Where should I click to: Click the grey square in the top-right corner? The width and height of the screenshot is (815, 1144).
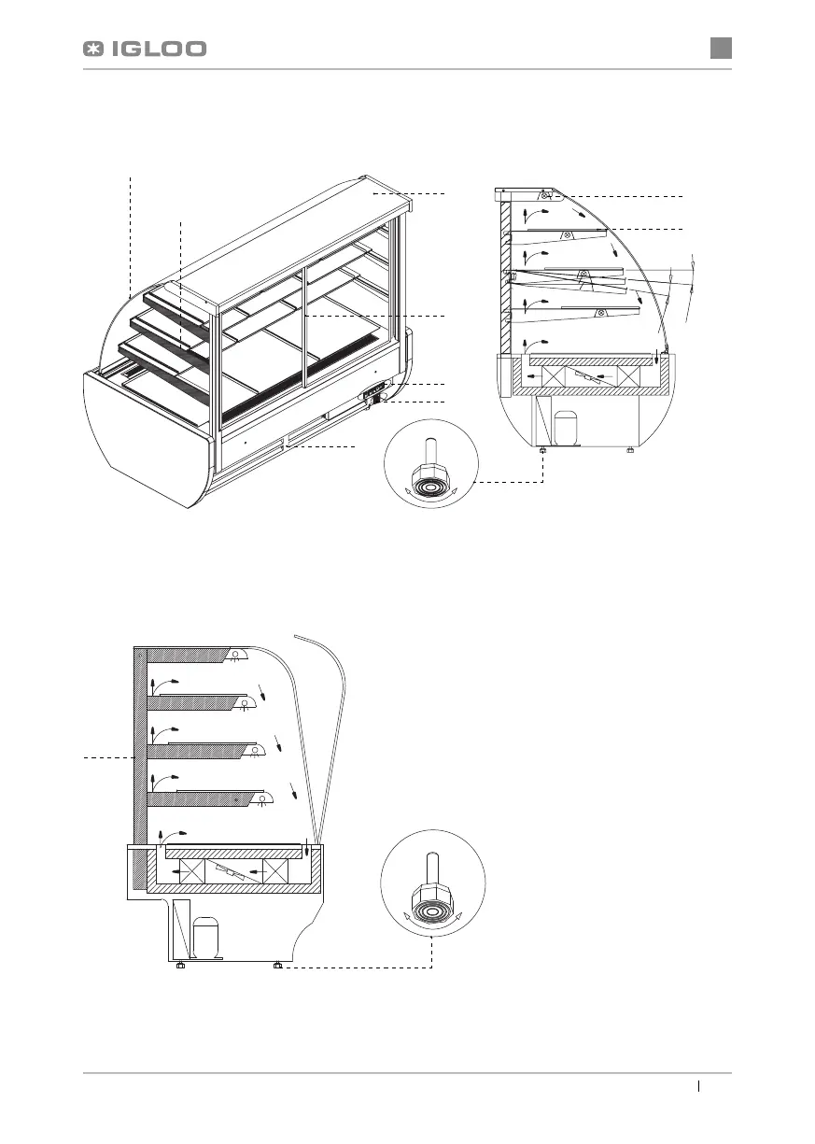click(x=720, y=48)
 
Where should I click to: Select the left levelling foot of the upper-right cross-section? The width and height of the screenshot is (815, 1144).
click(x=543, y=452)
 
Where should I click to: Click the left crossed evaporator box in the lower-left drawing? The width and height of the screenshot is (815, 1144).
click(x=191, y=871)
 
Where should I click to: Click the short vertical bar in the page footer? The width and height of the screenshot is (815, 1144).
click(x=699, y=1086)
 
